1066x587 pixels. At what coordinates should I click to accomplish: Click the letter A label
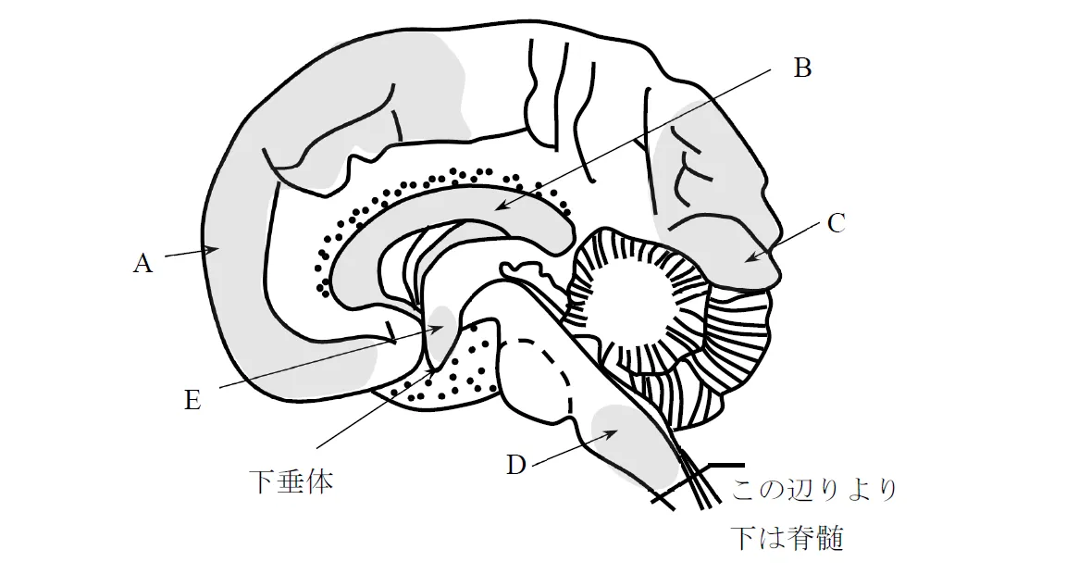pos(143,263)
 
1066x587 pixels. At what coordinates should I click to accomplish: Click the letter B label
pos(802,68)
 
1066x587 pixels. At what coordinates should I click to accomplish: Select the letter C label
pos(837,223)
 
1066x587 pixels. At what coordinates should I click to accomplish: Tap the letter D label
pos(516,465)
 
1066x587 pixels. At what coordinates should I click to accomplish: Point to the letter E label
pos(192,400)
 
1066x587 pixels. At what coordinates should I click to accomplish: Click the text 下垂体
pos(291,481)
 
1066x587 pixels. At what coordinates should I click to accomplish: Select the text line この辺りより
pos(813,489)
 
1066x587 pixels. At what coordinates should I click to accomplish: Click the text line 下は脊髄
pos(787,537)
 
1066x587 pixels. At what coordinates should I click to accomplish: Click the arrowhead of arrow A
pos(213,250)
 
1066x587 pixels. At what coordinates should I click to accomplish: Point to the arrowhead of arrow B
pos(499,206)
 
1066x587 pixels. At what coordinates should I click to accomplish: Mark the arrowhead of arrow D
pos(612,432)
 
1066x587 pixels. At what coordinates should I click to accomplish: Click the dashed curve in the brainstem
pos(551,370)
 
